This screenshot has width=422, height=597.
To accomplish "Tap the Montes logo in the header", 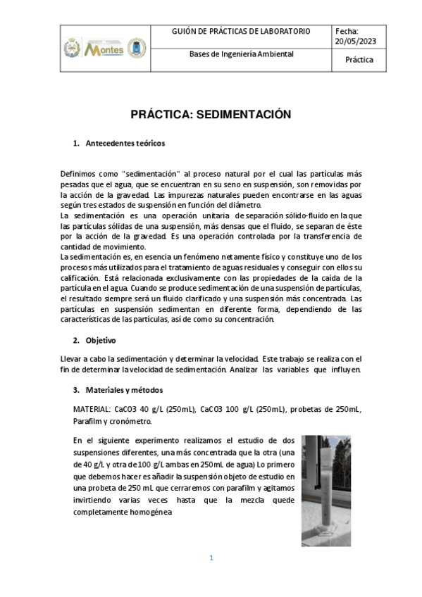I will point(104,49).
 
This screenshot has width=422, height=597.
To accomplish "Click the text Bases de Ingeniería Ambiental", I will point(242,54).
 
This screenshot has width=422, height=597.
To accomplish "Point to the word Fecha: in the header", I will point(347,32).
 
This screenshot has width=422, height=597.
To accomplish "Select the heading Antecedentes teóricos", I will point(125,143).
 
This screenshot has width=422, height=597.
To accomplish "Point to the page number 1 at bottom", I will point(211,558).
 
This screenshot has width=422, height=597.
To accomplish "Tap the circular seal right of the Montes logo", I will point(136,49).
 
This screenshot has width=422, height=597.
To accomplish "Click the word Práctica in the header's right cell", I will point(359,60).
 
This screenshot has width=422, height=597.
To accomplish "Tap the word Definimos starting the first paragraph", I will point(77,174).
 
